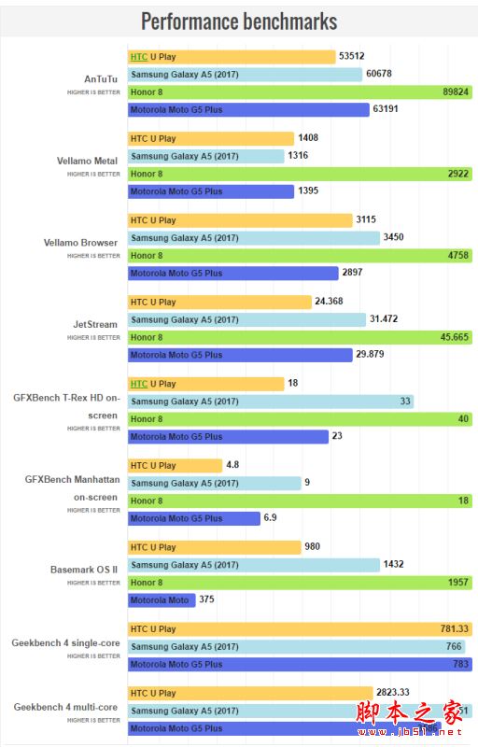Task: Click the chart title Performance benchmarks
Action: [239, 21]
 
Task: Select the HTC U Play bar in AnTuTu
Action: [231, 57]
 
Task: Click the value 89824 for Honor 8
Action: [455, 92]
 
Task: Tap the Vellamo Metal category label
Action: [87, 161]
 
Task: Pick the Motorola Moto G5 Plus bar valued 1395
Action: [210, 191]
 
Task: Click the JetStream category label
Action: [95, 325]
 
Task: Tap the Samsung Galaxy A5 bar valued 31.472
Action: [246, 319]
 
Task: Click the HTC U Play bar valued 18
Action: [205, 384]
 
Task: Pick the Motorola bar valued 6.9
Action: [193, 518]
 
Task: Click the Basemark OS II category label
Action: [84, 569]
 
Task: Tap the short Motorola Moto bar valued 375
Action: [161, 600]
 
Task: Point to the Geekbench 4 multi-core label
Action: [65, 708]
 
